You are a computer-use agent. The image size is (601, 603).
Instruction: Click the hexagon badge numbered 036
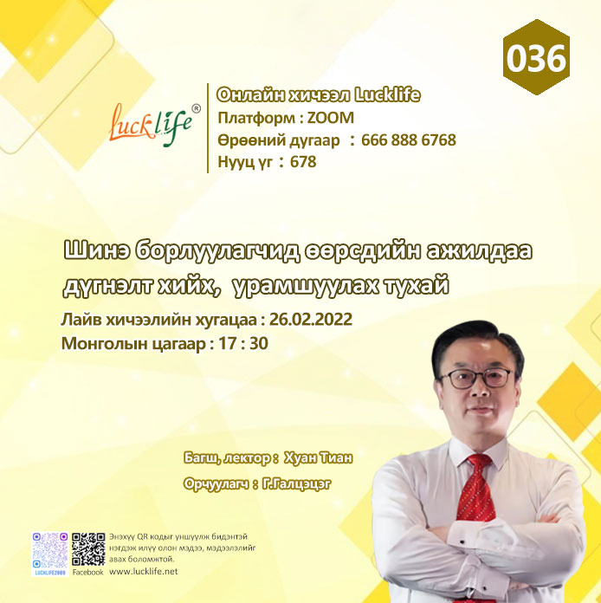536,57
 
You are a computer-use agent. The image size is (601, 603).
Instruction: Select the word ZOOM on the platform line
330,118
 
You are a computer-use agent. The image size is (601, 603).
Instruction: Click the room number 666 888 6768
409,140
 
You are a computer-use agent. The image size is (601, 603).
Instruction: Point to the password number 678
303,161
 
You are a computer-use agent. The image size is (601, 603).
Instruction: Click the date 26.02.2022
311,319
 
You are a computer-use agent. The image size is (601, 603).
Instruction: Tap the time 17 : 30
243,343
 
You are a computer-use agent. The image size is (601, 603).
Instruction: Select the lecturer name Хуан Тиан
318,458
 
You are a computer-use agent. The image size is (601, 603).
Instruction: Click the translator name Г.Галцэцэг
296,483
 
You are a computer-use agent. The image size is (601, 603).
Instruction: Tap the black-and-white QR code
88,549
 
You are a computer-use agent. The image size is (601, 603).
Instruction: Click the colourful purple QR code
50,551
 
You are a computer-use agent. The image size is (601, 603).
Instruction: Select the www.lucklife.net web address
144,572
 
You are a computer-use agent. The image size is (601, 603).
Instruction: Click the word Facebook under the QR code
88,572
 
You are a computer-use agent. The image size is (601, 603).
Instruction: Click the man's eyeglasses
477,379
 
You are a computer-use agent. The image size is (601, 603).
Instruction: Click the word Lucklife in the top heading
387,95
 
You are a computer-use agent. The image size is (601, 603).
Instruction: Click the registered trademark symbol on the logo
196,109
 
